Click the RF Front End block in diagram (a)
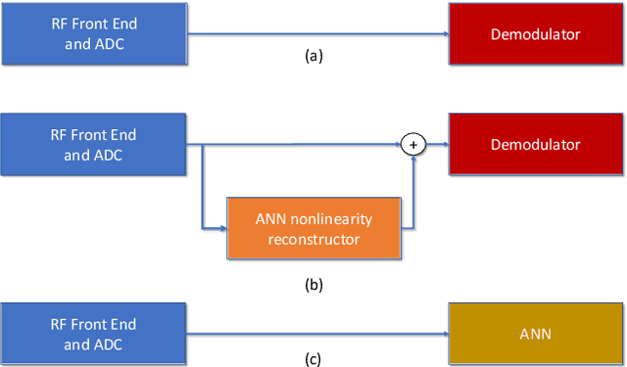(x=93, y=34)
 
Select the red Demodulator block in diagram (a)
(x=535, y=34)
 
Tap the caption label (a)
(x=313, y=57)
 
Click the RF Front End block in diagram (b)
(x=93, y=145)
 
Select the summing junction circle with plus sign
(x=413, y=145)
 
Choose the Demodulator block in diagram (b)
(x=535, y=145)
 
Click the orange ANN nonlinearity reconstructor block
(x=313, y=229)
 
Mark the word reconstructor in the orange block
(x=313, y=238)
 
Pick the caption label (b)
(x=313, y=286)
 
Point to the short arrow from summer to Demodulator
(x=437, y=145)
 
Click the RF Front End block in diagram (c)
(x=93, y=333)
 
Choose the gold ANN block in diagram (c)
(x=535, y=333)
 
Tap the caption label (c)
(x=313, y=358)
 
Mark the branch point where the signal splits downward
(x=201, y=145)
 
